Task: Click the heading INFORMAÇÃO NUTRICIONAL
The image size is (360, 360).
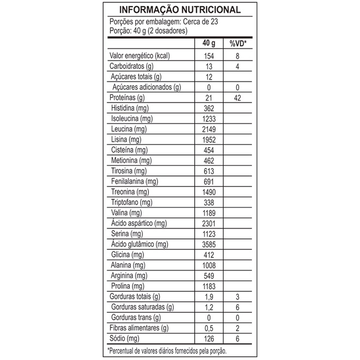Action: (179, 10)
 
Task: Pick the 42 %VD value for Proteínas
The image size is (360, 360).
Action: (237, 98)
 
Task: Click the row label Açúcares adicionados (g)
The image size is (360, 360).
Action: (146, 87)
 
